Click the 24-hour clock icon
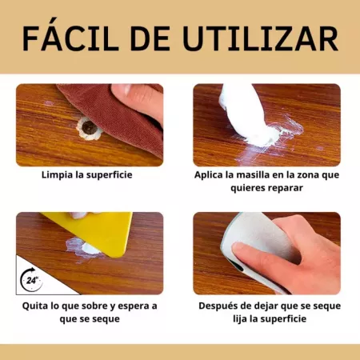33,281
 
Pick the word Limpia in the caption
58,174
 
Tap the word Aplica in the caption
210,174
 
